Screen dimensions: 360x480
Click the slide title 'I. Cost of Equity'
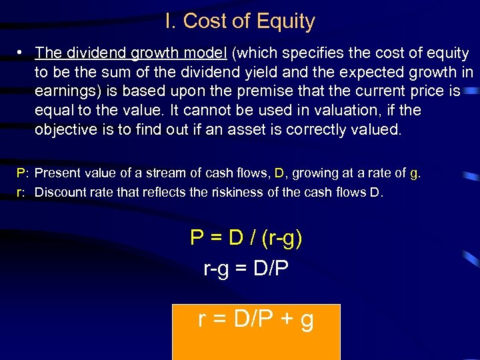[239, 21]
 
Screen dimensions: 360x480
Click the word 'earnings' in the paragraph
[63, 91]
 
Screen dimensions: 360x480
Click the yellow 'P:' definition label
[22, 173]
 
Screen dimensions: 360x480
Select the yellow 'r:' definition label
[21, 193]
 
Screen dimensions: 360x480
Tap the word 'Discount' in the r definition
[59, 193]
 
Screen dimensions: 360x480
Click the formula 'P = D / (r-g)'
[246, 238]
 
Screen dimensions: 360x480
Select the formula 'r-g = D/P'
[245, 270]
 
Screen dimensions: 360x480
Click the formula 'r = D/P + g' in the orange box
[256, 320]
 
